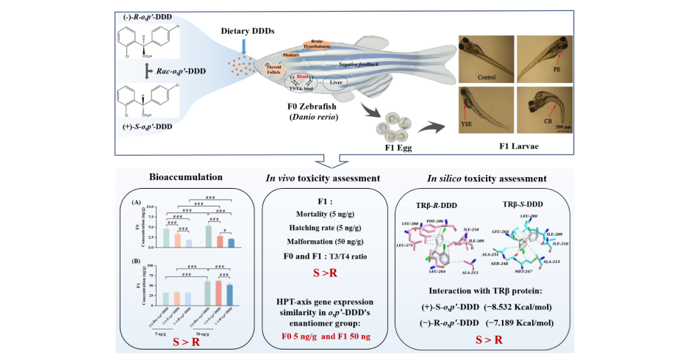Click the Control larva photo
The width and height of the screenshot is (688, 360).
pyautogui.click(x=485, y=60)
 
